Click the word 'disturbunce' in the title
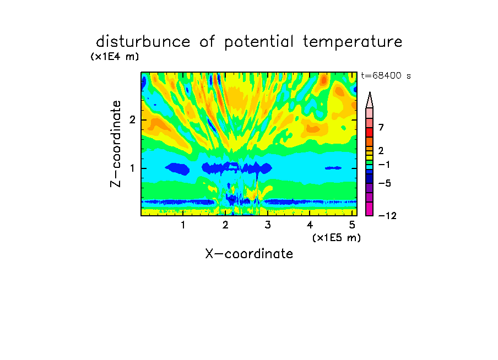point(143,42)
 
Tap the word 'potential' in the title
point(259,42)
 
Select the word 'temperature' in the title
point(353,42)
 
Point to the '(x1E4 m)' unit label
point(115,57)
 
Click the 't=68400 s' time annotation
point(386,76)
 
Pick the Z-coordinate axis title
point(116,144)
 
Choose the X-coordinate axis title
point(249,254)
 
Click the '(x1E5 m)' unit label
point(337,237)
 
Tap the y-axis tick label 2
point(132,120)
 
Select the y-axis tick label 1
point(132,168)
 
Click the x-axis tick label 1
point(183,225)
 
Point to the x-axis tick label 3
point(267,225)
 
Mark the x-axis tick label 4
point(310,225)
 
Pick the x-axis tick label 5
point(352,225)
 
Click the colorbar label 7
point(381,128)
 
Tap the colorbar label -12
point(387,216)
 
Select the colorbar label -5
point(385,183)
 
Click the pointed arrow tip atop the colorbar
point(370,92)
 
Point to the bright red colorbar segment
point(370,132)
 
